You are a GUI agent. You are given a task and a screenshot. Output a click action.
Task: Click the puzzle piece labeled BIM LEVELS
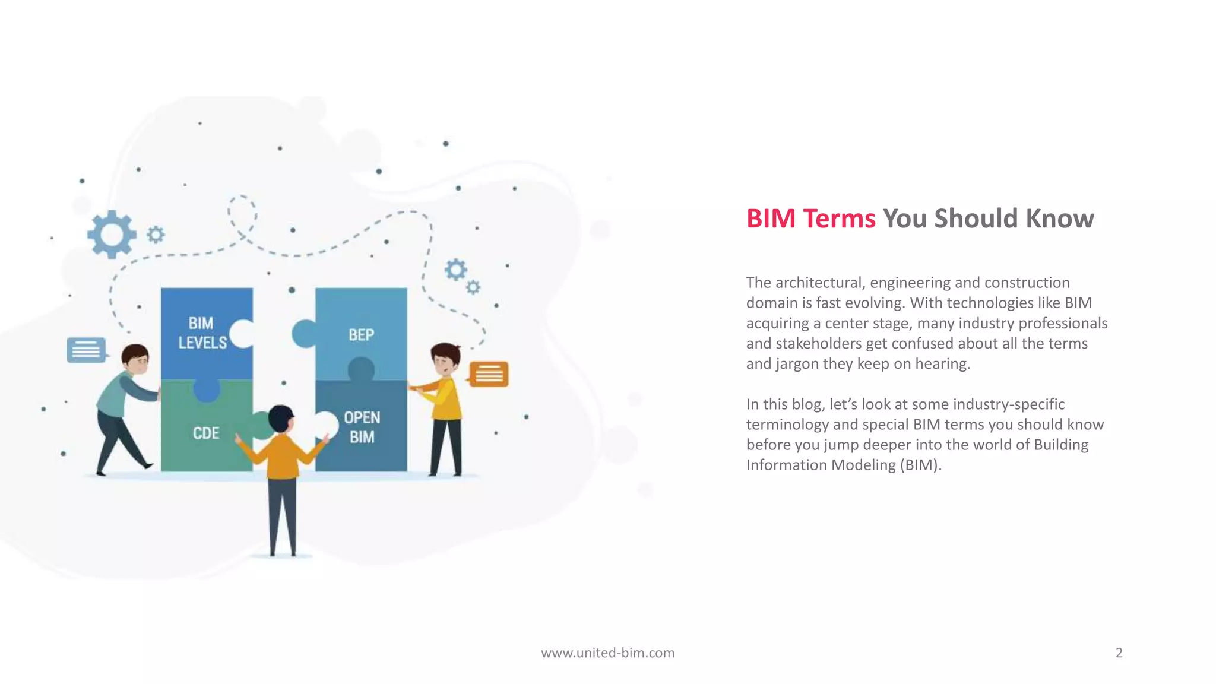pyautogui.click(x=202, y=333)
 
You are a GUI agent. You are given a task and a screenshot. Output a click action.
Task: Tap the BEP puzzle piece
pyautogui.click(x=361, y=334)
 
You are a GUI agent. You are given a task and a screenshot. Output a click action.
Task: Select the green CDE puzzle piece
pyautogui.click(x=205, y=433)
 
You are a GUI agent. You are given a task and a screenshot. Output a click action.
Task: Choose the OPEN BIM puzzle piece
pyautogui.click(x=362, y=427)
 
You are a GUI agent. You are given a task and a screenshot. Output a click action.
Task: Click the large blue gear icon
pyautogui.click(x=111, y=235)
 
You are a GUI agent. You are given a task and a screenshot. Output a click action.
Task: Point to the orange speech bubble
pyautogui.click(x=489, y=374)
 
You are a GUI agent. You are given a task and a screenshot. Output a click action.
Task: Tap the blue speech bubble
pyautogui.click(x=86, y=350)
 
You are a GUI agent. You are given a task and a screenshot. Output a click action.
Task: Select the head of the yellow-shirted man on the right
pyautogui.click(x=445, y=358)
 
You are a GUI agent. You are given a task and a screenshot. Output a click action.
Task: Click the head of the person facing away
pyautogui.click(x=280, y=419)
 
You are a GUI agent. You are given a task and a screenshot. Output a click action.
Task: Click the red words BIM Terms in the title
pyautogui.click(x=810, y=218)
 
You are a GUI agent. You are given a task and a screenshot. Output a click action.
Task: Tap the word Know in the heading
pyautogui.click(x=1059, y=218)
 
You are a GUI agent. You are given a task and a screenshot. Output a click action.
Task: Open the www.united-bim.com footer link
pyautogui.click(x=607, y=653)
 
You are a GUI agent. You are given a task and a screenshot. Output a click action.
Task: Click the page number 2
pyautogui.click(x=1119, y=653)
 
